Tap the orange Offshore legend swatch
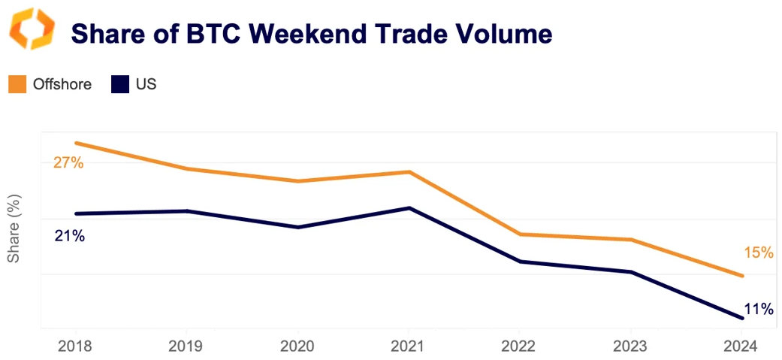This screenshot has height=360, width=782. [17, 84]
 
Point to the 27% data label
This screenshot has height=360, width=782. [68, 162]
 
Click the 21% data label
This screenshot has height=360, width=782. [69, 236]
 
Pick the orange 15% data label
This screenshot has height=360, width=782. [759, 253]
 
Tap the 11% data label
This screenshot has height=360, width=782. [759, 308]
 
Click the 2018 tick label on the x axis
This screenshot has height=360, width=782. [75, 346]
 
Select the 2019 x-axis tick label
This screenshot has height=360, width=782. [186, 346]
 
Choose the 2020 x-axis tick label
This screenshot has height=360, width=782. [297, 346]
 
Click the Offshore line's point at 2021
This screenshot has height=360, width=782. [409, 172]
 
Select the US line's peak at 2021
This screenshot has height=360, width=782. [409, 207]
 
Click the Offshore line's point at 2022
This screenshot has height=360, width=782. [520, 234]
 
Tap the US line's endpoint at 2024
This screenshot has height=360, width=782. [742, 319]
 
